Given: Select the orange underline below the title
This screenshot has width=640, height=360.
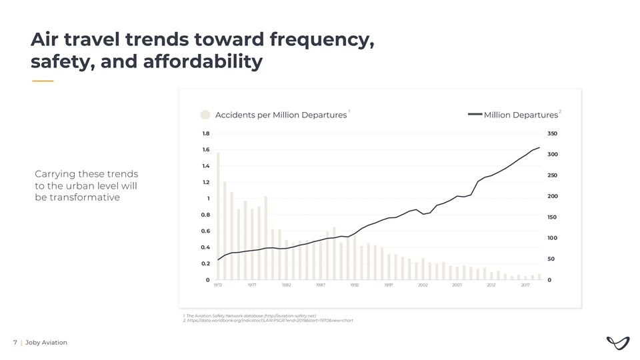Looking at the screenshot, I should (x=43, y=81).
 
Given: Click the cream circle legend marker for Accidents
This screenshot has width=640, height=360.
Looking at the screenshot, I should (x=206, y=115).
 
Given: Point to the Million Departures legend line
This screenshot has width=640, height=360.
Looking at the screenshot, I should (x=475, y=115).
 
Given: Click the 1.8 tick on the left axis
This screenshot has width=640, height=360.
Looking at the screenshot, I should (x=206, y=133).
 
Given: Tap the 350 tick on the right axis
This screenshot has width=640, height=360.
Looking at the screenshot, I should (x=552, y=133).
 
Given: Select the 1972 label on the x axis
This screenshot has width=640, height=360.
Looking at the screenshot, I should (x=218, y=285).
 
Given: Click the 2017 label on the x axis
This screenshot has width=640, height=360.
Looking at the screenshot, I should (x=525, y=285).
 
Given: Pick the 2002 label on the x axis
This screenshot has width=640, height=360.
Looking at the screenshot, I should (x=423, y=285).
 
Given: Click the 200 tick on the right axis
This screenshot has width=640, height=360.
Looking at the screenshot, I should (x=552, y=196).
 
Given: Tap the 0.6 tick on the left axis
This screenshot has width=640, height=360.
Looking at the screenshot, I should (x=206, y=231).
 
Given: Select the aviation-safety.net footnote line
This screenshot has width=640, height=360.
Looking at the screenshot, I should (x=249, y=315).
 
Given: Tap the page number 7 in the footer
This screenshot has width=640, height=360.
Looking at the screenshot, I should (x=15, y=343).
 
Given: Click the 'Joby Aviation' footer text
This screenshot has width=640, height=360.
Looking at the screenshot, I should (x=46, y=343).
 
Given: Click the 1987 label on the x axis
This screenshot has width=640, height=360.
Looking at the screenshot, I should (x=320, y=285).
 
